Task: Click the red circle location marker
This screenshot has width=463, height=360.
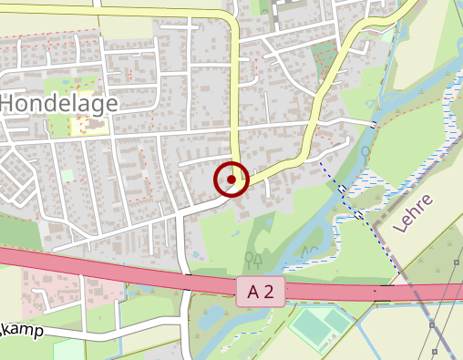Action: [231, 180]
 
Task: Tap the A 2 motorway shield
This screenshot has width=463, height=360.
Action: [260, 292]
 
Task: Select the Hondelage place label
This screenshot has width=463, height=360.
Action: [58, 103]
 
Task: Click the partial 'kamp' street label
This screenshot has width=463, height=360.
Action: [22, 330]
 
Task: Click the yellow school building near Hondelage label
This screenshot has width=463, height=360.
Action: [88, 124]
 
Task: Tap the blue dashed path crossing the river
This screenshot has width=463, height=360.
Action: [342, 189]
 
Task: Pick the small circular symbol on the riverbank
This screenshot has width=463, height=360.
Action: [365, 150]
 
